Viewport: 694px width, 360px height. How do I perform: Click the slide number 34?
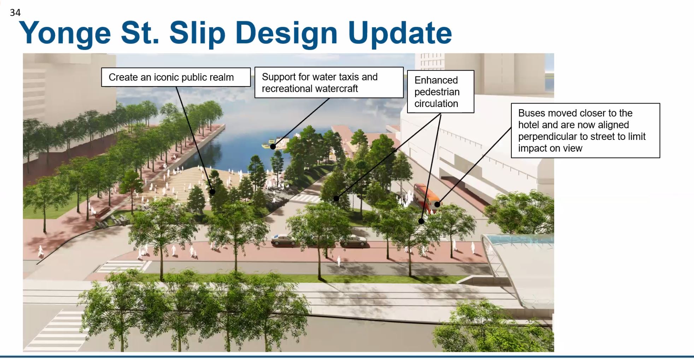pos(15,13)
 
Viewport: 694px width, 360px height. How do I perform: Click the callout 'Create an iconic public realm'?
pos(176,77)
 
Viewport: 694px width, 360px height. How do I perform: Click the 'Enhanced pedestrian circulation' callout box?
pos(440,92)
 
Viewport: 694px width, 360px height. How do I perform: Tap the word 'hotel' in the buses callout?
pos(529,125)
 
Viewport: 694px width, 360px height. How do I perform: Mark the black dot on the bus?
pos(437,204)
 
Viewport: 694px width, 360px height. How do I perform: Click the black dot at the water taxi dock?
pos(273,146)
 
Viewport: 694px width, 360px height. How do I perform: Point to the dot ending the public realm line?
pos(212,192)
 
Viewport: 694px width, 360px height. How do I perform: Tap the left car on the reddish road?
pos(284,240)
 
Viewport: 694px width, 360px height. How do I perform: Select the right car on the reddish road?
pos(353,241)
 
